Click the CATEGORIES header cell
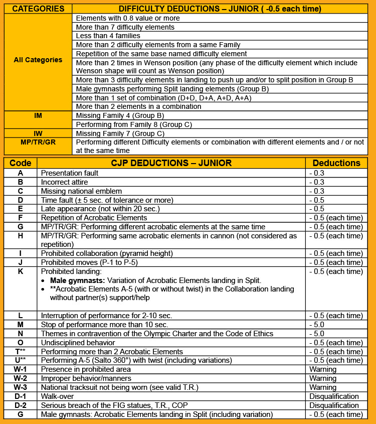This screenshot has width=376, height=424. tap(38, 9)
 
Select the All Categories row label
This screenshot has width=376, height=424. tap(38, 60)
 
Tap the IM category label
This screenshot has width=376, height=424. tap(38, 115)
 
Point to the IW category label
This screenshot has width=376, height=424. tap(38, 133)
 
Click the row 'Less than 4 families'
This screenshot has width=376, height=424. tap(108, 36)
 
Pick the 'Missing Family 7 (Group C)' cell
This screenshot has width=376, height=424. tap(119, 133)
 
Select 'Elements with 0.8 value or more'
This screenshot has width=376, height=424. tap(128, 18)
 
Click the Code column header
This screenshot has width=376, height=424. tap(21, 163)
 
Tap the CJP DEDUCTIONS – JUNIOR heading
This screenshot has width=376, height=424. tap(171, 163)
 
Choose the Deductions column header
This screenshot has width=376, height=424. tap(336, 163)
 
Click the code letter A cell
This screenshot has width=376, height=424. tap(21, 173)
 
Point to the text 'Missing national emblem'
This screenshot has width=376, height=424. tap(81, 191)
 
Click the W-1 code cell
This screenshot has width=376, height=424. tap(21, 370)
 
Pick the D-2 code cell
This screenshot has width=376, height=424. tap(21, 405)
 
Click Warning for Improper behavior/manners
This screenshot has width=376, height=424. tap(323, 378)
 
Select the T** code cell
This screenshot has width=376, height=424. tap(21, 352)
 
